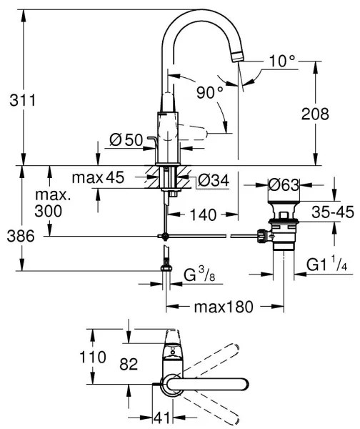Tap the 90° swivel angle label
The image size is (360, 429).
coord(209,92)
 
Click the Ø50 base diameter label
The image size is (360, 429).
coord(126,141)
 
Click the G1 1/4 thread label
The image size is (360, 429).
coord(326,266)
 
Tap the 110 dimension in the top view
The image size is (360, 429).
coord(94,356)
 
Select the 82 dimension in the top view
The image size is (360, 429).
coord(128,365)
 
